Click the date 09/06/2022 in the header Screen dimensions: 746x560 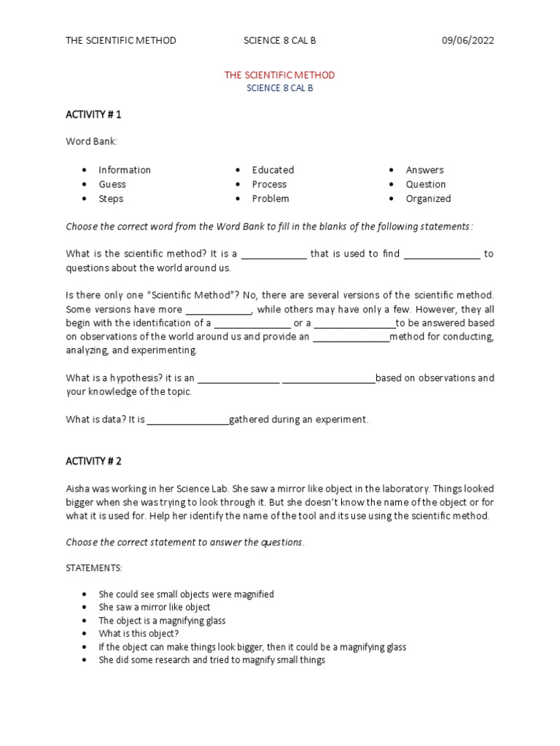point(467,40)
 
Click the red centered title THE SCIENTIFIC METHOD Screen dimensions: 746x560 point(279,75)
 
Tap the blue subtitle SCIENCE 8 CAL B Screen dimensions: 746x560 point(279,88)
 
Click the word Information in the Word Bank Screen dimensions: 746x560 point(125,170)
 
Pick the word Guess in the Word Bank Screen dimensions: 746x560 point(112,184)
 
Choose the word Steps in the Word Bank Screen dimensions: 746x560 point(111,198)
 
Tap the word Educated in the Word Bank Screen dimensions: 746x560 point(273,170)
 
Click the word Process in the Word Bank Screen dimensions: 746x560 point(269,184)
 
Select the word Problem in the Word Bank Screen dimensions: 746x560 point(271,198)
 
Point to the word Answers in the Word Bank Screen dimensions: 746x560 point(424,170)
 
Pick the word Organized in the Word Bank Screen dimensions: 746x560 point(428,198)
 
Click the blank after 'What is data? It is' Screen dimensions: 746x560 point(188,420)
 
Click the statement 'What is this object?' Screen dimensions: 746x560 point(139,634)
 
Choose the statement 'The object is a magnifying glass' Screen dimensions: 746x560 point(162,621)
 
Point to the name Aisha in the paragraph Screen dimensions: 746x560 point(78,488)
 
